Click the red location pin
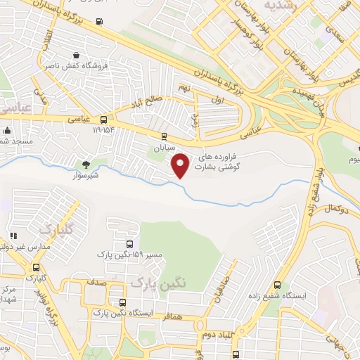[181, 165]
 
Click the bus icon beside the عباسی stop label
[104, 120]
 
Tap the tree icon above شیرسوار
[86, 165]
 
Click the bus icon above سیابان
[164, 136]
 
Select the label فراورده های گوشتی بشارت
[222, 160]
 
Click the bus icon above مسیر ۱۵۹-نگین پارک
[128, 244]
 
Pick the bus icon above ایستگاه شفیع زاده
[277, 285]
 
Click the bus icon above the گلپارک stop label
[37, 267]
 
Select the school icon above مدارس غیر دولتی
[12, 236]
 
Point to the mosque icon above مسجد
[7, 130]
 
